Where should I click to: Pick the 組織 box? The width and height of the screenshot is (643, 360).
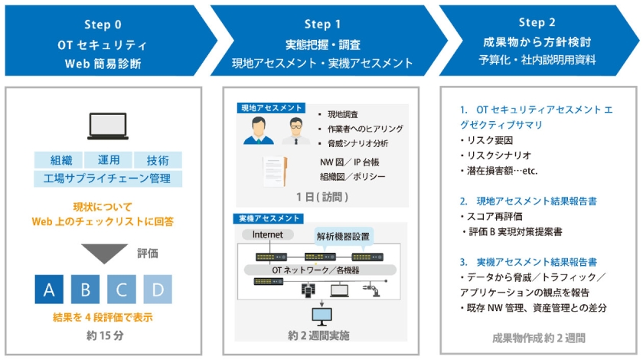(60, 160)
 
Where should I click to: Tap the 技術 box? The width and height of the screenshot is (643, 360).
(157, 160)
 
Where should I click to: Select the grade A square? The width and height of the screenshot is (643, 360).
(49, 289)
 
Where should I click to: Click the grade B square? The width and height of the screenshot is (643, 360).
(85, 289)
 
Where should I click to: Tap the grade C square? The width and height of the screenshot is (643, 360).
(121, 289)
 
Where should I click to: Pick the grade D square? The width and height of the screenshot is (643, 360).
(157, 289)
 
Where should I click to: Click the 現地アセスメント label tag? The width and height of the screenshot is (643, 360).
(269, 109)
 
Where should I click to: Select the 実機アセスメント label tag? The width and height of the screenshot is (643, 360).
(269, 219)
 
